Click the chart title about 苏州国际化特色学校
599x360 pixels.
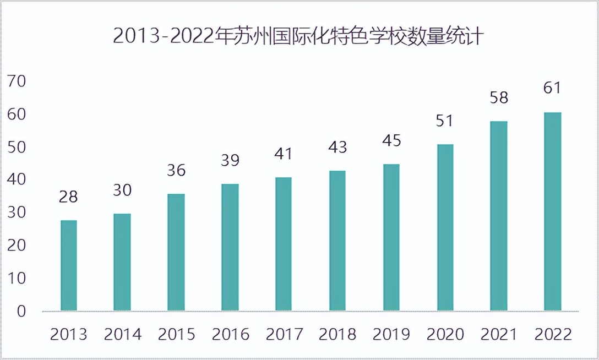tap(298, 36)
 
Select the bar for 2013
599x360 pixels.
tap(69, 265)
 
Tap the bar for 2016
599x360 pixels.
tap(230, 247)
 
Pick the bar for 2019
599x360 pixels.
tap(391, 237)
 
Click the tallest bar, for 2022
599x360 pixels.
tap(553, 211)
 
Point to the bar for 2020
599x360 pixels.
tap(445, 227)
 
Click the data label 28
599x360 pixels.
tap(68, 197)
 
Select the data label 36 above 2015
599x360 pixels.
tap(176, 170)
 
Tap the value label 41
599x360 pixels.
tap(284, 154)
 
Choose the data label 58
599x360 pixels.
tap(499, 98)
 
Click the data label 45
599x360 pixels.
tap(391, 141)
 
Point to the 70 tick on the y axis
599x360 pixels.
tap(17, 81)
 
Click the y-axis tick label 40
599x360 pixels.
tap(17, 180)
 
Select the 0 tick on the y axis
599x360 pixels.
tap(21, 311)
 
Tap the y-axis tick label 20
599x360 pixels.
tap(17, 246)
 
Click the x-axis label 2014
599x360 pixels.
tap(123, 334)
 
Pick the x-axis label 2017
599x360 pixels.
tap(284, 334)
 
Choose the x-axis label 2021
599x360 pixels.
tap(499, 334)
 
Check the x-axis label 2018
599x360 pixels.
tap(337, 334)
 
